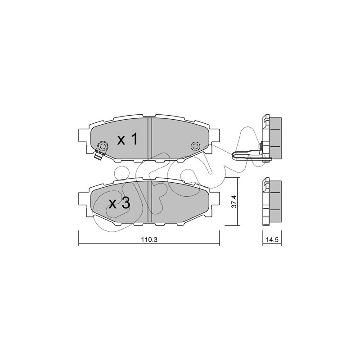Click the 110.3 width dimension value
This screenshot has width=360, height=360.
point(149,240)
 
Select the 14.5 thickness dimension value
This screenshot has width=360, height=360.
point(272,240)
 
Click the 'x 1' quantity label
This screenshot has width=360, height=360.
point(127,139)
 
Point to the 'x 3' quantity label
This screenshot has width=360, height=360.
point(120,203)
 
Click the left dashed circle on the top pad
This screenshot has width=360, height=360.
point(103,147)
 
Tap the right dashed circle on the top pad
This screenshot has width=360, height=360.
point(196,146)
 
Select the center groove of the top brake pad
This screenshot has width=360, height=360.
point(150,138)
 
